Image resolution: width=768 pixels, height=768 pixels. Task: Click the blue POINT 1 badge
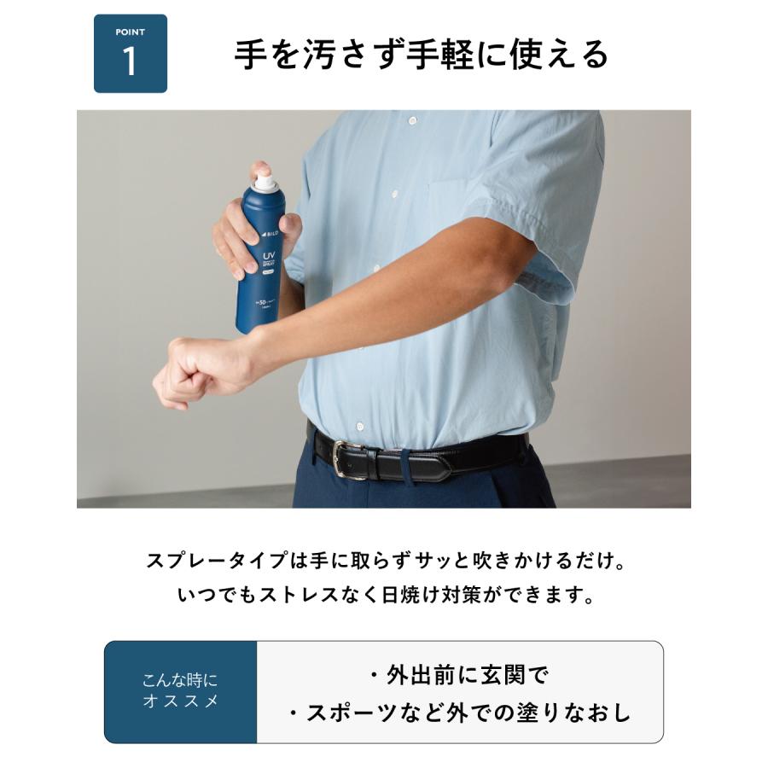(x=130, y=54)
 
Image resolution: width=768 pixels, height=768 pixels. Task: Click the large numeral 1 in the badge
(x=130, y=62)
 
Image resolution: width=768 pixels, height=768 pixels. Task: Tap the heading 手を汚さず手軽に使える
(x=422, y=54)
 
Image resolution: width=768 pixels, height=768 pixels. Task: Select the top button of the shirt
(x=412, y=122)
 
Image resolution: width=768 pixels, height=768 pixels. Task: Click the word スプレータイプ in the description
(x=204, y=562)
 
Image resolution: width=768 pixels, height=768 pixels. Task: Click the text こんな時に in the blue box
(x=180, y=680)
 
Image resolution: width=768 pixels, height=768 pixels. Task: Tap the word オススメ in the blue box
(x=180, y=701)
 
